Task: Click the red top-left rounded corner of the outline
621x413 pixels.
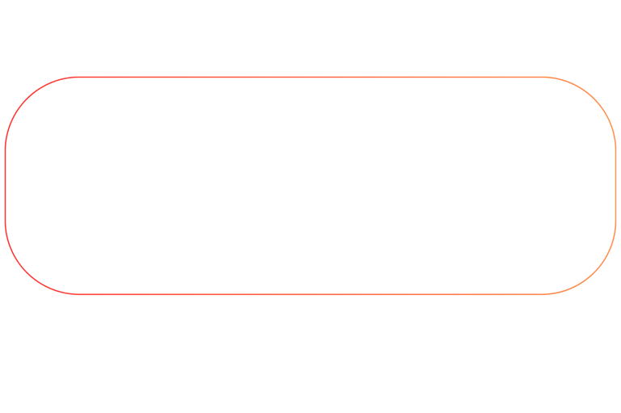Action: [26, 98]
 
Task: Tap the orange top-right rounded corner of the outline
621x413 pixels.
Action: [595, 98]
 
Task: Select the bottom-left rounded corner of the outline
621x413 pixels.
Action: [26, 273]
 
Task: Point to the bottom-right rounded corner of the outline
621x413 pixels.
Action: [595, 273]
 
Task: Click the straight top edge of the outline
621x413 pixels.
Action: [243, 78]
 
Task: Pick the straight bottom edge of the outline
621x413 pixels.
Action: [243, 293]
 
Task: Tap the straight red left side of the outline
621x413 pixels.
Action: [5, 186]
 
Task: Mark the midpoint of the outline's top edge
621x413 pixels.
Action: [310, 78]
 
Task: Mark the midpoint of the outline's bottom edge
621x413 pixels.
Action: [310, 293]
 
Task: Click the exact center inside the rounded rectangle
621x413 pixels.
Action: [310, 186]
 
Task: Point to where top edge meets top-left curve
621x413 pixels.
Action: [76, 78]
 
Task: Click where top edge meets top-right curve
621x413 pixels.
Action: [545, 78]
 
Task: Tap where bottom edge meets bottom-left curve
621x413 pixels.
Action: [76, 293]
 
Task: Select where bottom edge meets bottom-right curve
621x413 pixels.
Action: [545, 293]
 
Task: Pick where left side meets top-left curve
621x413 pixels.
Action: [5, 149]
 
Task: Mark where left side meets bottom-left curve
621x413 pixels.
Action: [5, 222]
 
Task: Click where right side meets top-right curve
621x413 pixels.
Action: [616, 149]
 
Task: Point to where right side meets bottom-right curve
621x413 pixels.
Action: [616, 222]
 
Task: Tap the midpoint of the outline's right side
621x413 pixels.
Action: [616, 186]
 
